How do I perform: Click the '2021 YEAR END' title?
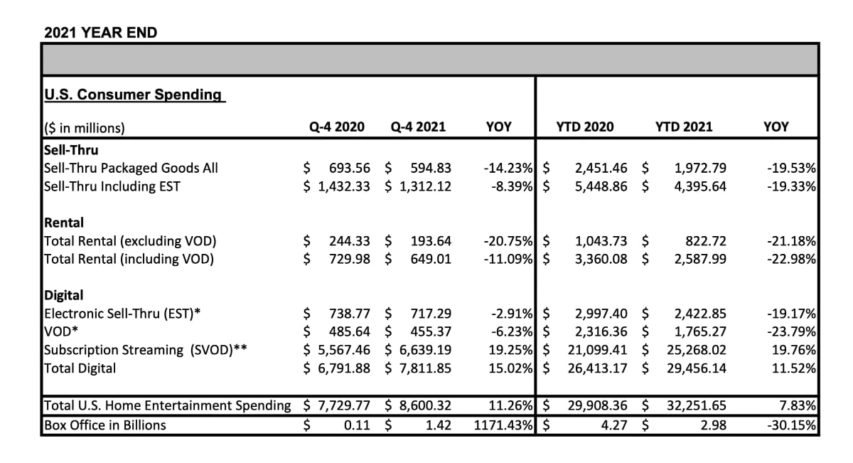coord(101,32)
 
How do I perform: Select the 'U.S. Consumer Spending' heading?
coord(133,95)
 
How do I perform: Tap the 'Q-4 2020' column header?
coord(336,127)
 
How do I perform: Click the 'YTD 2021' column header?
coord(683,127)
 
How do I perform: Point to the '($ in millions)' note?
coord(85,128)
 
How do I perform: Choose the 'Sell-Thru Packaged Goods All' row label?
coord(131,169)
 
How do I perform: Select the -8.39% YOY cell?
coord(508,187)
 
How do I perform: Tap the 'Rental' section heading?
coord(64,223)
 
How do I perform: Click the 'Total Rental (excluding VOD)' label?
coord(130,241)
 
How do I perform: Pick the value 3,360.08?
coord(601,259)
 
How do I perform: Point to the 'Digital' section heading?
coord(64,295)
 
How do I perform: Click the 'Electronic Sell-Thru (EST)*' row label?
coord(122,314)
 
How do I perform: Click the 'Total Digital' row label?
coord(80,368)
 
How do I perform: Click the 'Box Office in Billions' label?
coord(104,425)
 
